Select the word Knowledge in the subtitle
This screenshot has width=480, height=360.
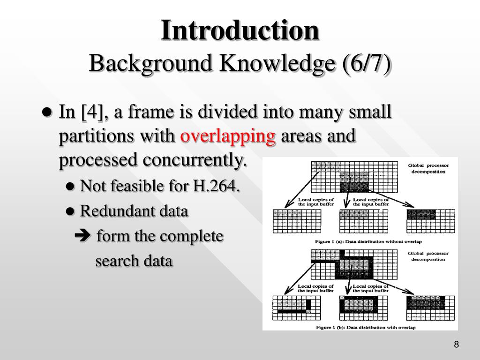coord(266,64)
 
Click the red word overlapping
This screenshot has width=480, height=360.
coord(228,136)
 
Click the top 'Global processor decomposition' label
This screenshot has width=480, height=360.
coord(428,168)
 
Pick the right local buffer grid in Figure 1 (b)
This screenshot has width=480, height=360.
coord(431,307)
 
